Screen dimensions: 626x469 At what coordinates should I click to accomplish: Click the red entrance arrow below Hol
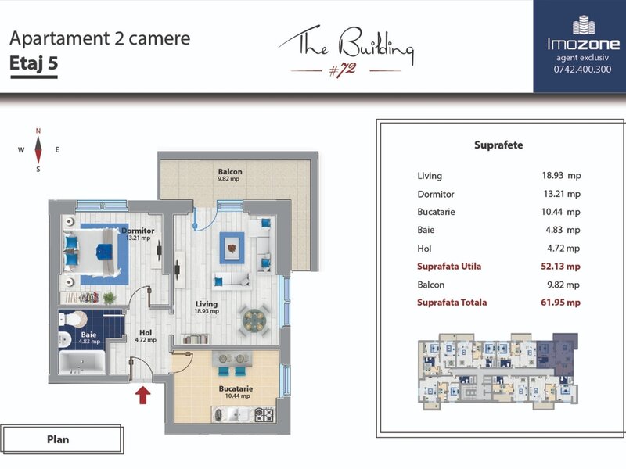click(x=142, y=396)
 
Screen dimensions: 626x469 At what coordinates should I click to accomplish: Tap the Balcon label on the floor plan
click(x=230, y=171)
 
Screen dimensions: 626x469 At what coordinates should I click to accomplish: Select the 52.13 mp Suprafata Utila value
click(x=560, y=267)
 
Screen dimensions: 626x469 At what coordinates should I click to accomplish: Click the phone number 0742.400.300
click(x=582, y=69)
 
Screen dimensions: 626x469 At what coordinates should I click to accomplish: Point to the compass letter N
click(x=38, y=131)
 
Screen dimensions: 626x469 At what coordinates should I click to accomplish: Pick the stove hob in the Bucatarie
click(x=264, y=415)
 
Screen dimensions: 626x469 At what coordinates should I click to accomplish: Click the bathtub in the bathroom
click(x=82, y=362)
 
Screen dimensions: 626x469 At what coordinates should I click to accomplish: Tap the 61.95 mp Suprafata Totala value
click(x=560, y=303)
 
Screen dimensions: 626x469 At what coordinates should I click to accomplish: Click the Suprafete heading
click(x=498, y=145)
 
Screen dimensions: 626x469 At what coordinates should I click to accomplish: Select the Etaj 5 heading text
click(x=34, y=63)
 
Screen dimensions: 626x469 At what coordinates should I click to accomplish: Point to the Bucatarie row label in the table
click(x=436, y=212)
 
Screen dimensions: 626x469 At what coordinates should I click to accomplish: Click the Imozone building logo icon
click(x=583, y=24)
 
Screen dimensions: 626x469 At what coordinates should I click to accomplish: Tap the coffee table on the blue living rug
click(x=232, y=248)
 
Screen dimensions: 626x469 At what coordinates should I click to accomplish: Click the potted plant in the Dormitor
click(x=109, y=298)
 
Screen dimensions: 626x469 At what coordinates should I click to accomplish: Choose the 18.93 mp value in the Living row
click(x=561, y=175)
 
